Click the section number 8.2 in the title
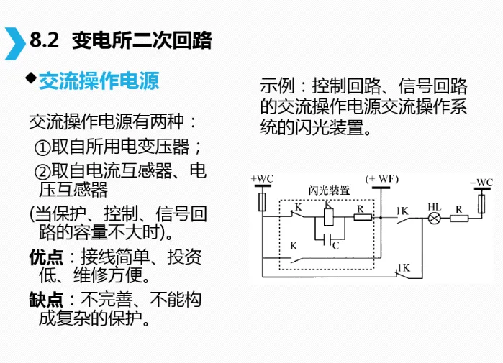click(45, 41)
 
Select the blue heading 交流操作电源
click(99, 81)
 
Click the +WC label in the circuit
click(261, 178)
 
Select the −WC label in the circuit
click(481, 183)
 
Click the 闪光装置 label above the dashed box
click(329, 191)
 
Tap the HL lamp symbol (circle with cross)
click(434, 217)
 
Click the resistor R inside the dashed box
click(361, 217)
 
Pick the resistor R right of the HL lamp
click(458, 217)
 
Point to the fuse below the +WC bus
click(261, 201)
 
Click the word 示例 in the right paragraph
click(276, 87)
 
